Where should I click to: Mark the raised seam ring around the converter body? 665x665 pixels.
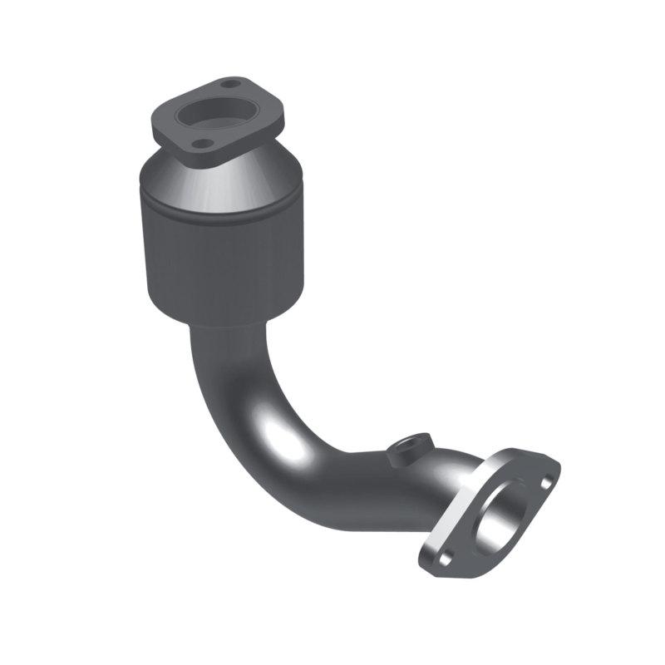pyautogui.click(x=219, y=218)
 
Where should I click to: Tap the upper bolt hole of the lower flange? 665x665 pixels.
pyautogui.click(x=545, y=481)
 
